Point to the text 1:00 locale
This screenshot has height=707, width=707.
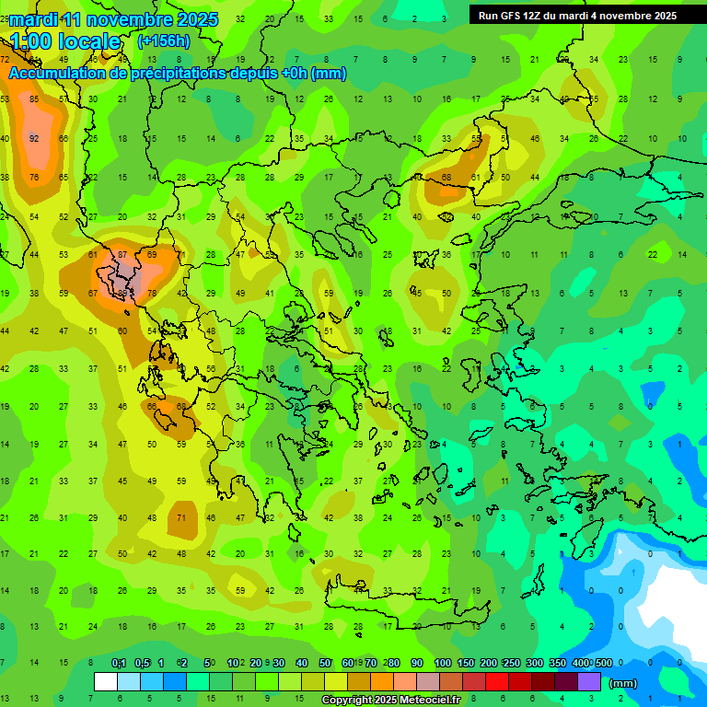pos(65,41)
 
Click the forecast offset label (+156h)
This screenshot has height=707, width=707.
pos(163,41)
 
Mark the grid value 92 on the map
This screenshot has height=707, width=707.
pos(34,139)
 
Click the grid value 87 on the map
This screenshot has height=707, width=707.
pos(122,254)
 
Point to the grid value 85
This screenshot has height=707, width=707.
pos(34,99)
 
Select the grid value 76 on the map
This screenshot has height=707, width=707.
pos(34,178)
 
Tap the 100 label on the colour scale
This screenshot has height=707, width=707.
pos(442,663)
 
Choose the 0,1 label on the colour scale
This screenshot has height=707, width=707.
pos(119,663)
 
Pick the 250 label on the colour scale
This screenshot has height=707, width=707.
pos(511,663)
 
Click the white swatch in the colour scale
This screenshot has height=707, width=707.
pos(106,682)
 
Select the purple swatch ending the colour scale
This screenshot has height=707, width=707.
pos(589,682)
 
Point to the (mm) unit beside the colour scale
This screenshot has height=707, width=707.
pos(623,683)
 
